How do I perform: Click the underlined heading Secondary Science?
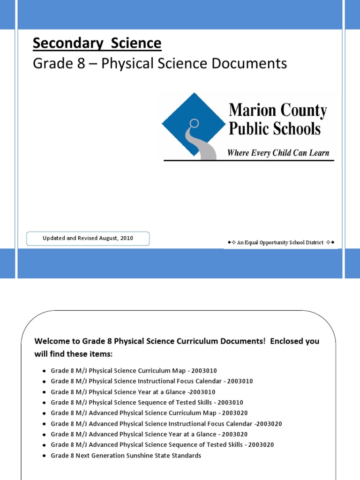pos(97,44)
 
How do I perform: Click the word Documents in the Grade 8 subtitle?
pos(248,63)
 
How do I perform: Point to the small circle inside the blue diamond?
pos(194,124)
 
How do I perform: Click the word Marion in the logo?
pos(250,111)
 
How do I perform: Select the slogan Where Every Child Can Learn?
pos(278,153)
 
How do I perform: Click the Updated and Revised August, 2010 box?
pos(88,238)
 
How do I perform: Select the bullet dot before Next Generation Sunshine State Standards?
pos(44,456)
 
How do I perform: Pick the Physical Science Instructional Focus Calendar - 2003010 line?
pos(151,381)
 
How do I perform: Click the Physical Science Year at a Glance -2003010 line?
pos(133,392)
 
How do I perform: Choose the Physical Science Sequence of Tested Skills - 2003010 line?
pos(147,402)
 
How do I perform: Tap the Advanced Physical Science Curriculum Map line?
pos(149,413)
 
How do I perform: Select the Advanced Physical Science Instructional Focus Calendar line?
pos(166,424)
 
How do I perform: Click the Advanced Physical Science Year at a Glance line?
pos(149,434)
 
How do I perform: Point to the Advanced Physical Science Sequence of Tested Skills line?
pos(162,445)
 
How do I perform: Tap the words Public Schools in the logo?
pos(275,128)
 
